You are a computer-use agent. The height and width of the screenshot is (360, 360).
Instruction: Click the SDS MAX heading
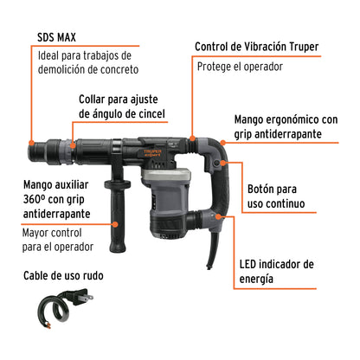click(x=56, y=37)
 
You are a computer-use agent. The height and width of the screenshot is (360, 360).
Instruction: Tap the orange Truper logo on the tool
click(x=152, y=152)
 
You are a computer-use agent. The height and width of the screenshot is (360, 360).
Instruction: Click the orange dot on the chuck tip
click(x=31, y=143)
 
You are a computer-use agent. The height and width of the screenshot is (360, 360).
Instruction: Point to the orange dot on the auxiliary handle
click(x=115, y=224)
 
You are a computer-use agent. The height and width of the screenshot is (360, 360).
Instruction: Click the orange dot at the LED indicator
click(x=219, y=216)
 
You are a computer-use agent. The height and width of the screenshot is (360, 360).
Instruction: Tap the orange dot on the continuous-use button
click(x=222, y=163)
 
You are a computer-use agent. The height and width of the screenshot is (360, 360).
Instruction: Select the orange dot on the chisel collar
click(x=73, y=145)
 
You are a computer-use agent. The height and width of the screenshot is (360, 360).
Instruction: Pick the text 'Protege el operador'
click(x=240, y=67)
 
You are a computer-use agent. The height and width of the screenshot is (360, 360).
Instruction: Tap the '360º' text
click(x=35, y=199)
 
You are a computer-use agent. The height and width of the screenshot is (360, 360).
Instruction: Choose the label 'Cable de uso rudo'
click(x=63, y=275)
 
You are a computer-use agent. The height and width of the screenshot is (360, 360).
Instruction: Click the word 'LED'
click(x=248, y=264)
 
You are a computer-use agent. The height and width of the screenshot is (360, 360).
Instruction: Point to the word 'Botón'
click(x=260, y=189)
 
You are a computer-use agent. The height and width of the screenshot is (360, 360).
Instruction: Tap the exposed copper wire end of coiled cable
click(x=48, y=326)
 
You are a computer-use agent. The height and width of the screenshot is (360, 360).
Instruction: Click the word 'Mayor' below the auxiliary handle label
click(x=35, y=233)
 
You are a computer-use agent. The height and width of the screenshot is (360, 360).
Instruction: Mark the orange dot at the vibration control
click(x=192, y=138)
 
